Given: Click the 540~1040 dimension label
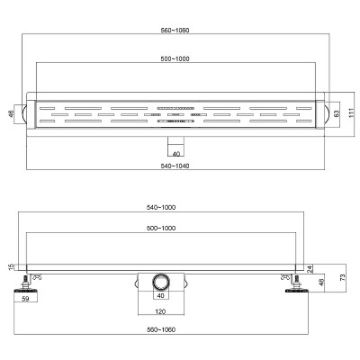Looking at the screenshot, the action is [x=175, y=166].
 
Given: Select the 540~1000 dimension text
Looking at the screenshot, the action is [x=161, y=207].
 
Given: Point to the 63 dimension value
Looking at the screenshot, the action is [x=337, y=113].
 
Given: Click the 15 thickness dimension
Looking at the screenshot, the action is [x=12, y=266].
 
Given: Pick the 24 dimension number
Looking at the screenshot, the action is [x=310, y=269].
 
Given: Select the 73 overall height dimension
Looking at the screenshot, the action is [x=344, y=277].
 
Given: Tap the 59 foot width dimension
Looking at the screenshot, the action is [x=26, y=299].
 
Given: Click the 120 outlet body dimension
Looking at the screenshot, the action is [x=160, y=312].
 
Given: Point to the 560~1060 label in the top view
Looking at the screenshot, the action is [x=175, y=31].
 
